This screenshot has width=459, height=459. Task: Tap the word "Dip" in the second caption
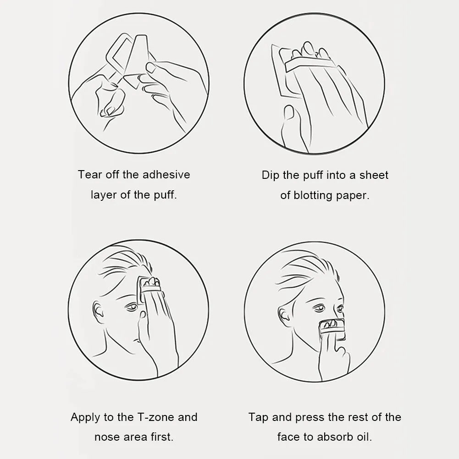point(271,175)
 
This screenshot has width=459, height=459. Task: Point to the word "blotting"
point(313,195)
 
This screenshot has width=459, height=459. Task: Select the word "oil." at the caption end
point(364,437)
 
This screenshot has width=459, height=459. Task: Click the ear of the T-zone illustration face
point(98,312)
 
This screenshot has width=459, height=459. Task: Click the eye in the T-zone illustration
point(132,307)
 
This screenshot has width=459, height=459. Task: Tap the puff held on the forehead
point(150,288)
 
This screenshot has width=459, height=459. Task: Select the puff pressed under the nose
point(332,329)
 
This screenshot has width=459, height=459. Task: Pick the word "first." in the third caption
point(162,437)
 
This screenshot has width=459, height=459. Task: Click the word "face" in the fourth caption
point(288,437)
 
